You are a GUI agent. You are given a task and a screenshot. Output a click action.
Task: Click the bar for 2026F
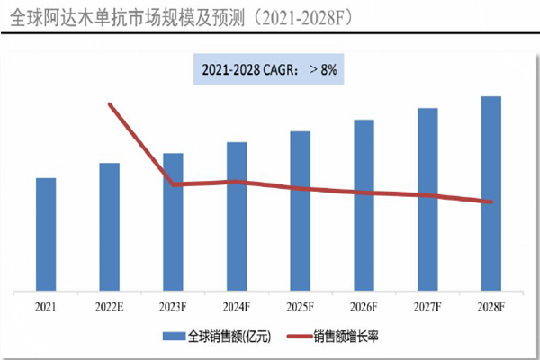pos(364,205)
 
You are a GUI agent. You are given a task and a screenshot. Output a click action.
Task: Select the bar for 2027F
pos(427,199)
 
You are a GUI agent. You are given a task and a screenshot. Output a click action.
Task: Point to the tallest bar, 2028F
pos(490,193)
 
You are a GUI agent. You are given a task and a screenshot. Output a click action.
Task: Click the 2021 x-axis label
pos(46,307)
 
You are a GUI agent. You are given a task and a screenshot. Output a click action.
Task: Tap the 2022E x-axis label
pos(110,307)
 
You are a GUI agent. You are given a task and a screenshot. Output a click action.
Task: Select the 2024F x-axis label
pos(237,307)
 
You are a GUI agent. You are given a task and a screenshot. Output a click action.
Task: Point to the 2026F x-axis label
pos(364,307)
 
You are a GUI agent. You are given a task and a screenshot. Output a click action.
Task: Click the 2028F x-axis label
pos(490,307)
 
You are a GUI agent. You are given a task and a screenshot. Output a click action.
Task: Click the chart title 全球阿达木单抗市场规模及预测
pos(172,17)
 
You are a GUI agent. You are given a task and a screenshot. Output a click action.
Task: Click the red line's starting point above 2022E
pos(110,104)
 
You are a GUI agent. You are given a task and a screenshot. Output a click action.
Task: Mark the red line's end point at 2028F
pos(490,202)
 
